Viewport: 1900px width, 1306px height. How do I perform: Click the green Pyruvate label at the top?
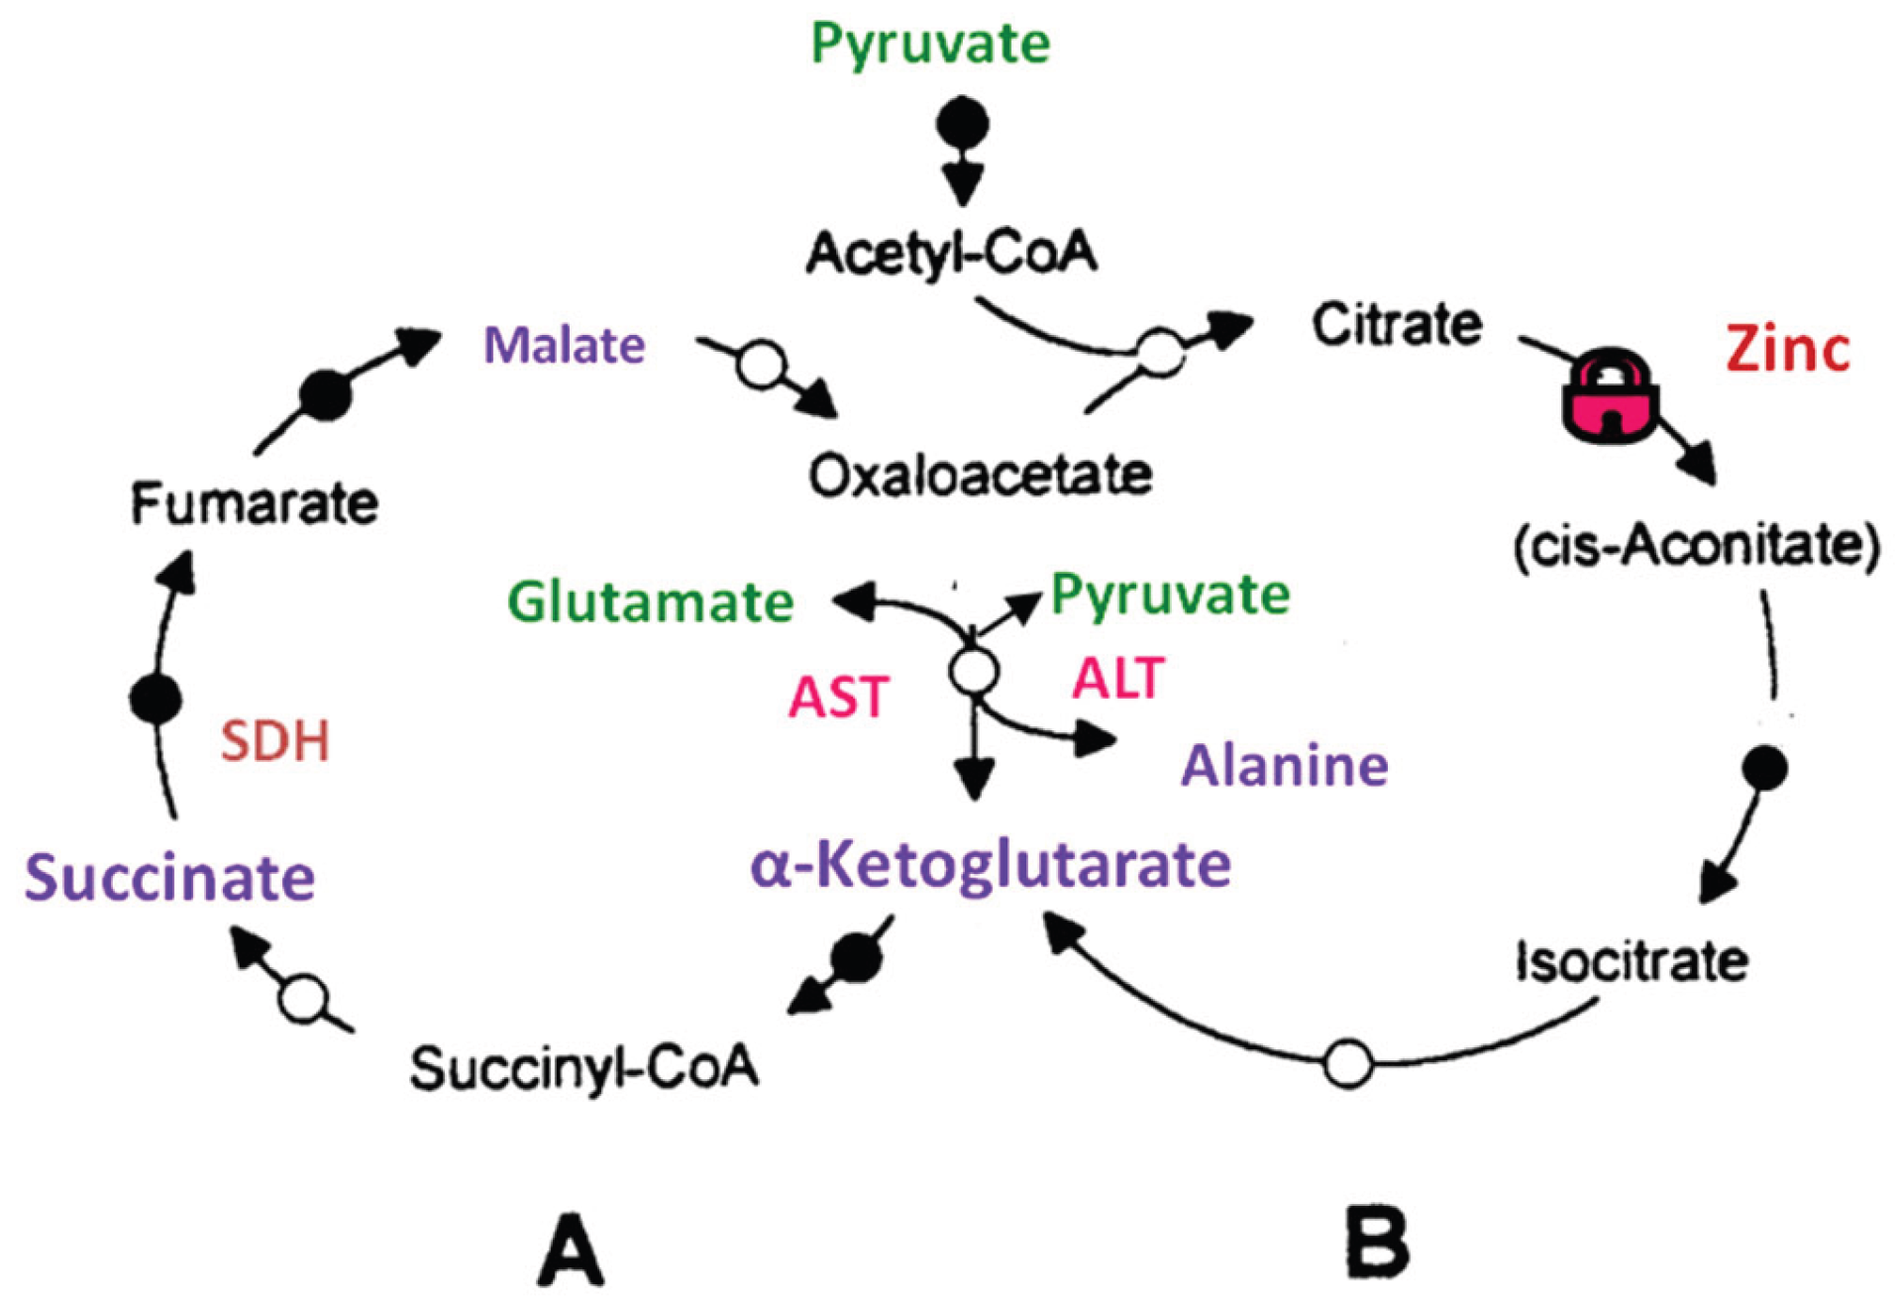[x=929, y=44]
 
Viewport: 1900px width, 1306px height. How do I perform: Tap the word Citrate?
[x=1396, y=325]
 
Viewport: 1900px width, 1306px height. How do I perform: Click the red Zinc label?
[x=1787, y=349]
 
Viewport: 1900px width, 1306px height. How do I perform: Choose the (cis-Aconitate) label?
[x=1696, y=546]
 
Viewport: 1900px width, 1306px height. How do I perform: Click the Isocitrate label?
[x=1632, y=961]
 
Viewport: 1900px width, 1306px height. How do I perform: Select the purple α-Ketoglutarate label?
[x=991, y=864]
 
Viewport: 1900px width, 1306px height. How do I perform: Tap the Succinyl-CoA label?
[x=584, y=1068]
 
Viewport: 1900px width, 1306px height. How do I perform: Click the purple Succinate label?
[x=169, y=878]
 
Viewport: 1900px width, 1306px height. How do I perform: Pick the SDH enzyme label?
[x=274, y=741]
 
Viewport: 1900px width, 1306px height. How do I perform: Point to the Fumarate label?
[x=255, y=503]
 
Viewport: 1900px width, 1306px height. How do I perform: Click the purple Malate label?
[x=564, y=346]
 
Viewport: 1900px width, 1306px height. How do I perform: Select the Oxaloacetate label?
[x=980, y=476]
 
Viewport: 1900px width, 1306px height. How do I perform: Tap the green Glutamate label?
[x=650, y=601]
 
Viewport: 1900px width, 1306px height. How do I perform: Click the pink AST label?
[x=838, y=697]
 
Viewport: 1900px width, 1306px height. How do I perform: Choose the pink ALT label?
[x=1117, y=679]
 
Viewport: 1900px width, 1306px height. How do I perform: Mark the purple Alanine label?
[x=1284, y=766]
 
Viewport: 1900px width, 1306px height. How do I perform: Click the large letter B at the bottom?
[x=1378, y=1243]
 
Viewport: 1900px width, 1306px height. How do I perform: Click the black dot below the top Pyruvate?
[x=962, y=124]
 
